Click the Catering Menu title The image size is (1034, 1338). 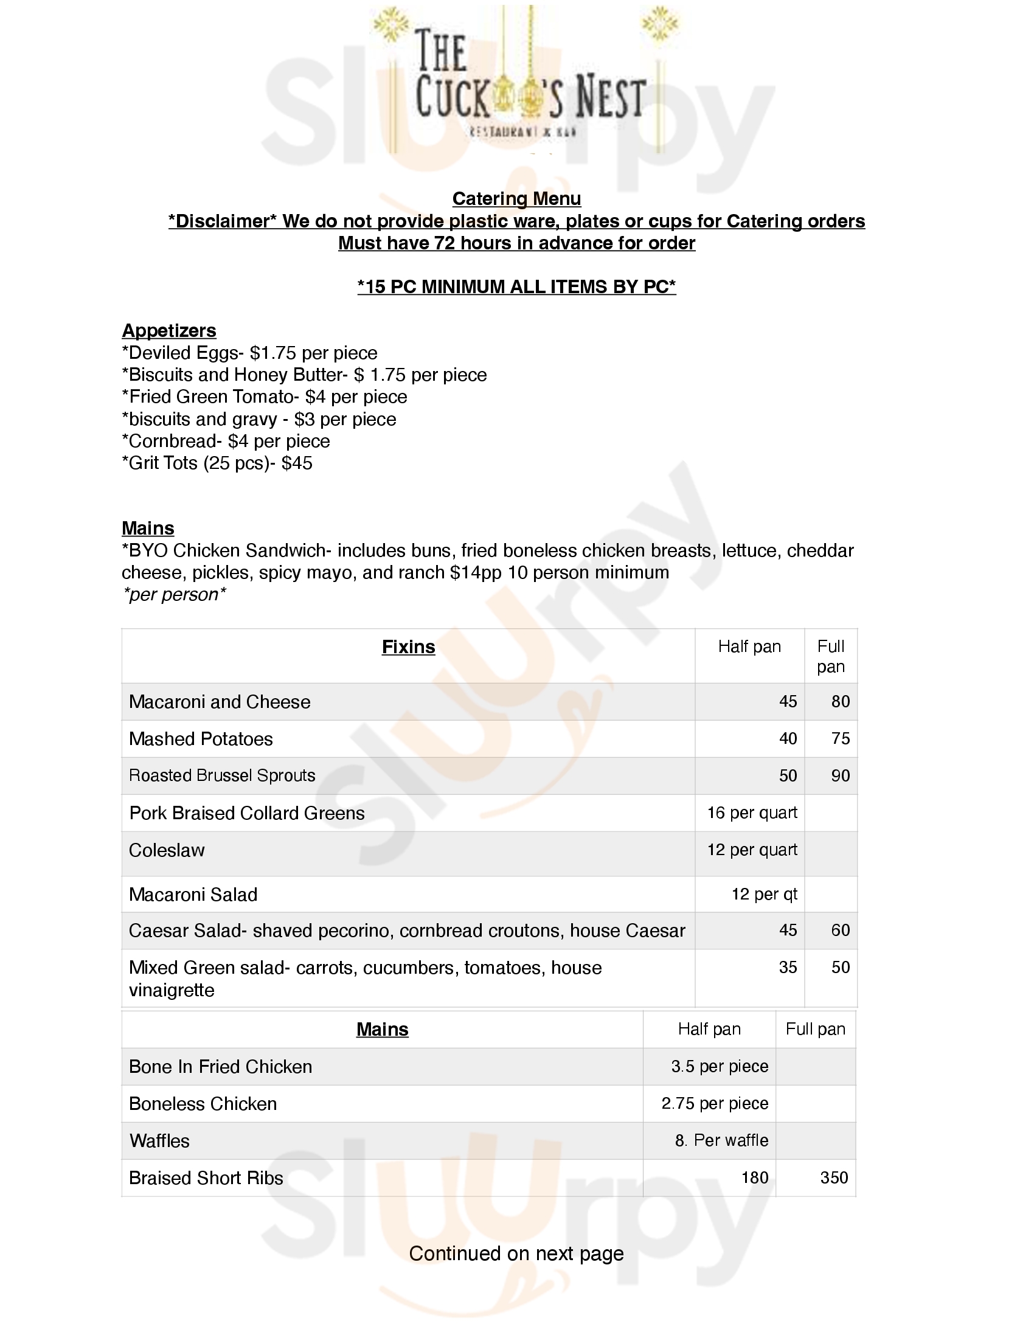click(x=516, y=198)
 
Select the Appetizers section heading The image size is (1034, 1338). click(x=169, y=330)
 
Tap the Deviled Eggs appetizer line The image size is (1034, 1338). click(x=249, y=353)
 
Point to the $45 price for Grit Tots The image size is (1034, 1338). click(x=297, y=463)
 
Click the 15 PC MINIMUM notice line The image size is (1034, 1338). click(x=516, y=286)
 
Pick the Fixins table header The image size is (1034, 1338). click(x=408, y=647)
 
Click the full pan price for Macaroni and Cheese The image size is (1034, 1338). click(x=840, y=701)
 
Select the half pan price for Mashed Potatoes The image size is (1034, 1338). click(x=788, y=739)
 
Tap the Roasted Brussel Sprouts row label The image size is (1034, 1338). click(x=222, y=775)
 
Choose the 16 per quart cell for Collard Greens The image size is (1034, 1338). click(x=752, y=813)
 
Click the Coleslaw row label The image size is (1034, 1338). click(x=167, y=850)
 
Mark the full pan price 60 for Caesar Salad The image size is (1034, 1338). click(x=840, y=931)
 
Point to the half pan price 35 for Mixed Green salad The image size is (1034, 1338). click(x=788, y=968)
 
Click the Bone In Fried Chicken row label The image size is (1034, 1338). click(x=221, y=1067)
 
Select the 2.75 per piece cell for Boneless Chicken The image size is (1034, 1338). click(x=714, y=1103)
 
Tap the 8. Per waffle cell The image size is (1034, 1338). click(x=721, y=1140)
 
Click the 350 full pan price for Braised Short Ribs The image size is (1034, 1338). click(x=834, y=1177)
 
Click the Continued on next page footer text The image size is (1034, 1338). click(x=516, y=1253)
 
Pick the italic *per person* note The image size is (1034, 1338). click(x=174, y=594)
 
